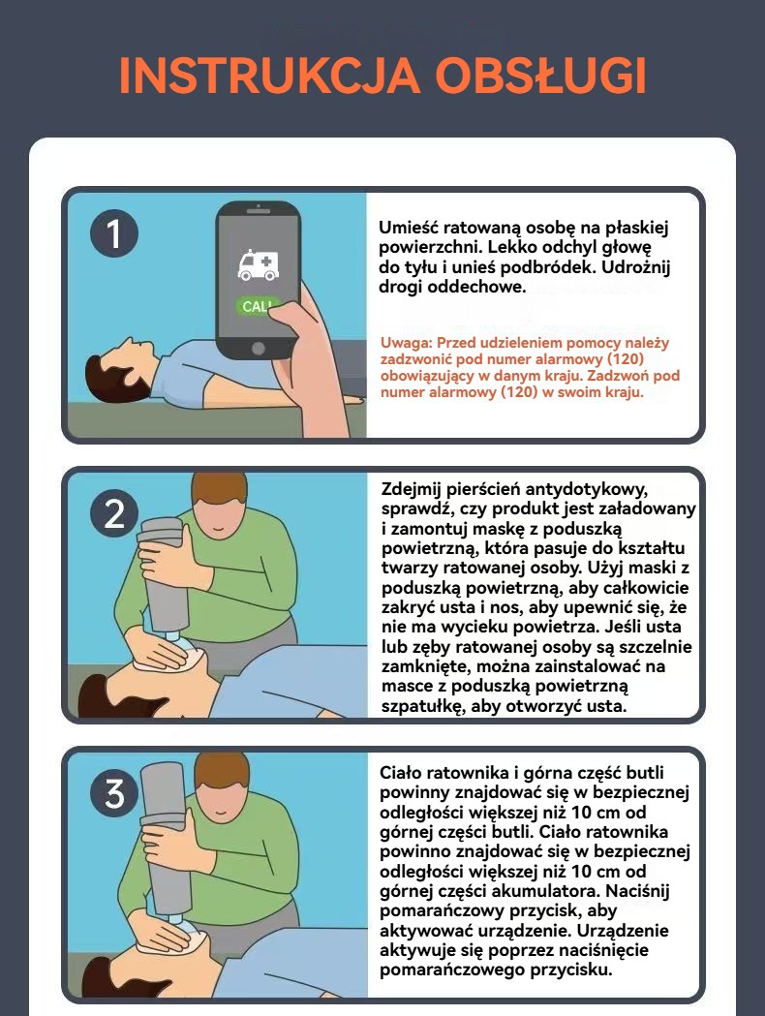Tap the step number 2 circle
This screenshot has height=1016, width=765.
point(114,514)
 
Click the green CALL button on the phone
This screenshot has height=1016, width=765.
point(258,306)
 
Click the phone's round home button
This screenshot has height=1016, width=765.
point(258,349)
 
